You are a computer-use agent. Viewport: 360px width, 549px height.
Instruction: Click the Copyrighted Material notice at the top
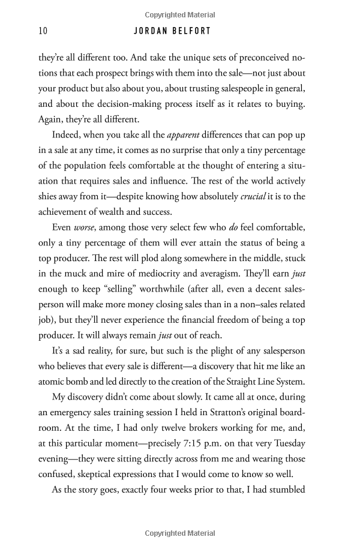[x=179, y=15]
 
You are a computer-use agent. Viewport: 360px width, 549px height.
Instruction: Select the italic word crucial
[x=244, y=196]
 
